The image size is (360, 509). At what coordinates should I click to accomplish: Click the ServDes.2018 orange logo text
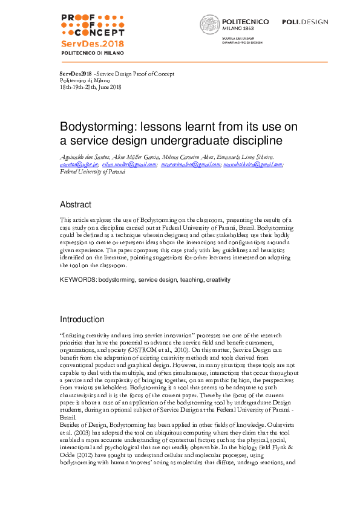pos(93,44)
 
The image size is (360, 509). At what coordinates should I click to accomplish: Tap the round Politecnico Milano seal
pos(210,25)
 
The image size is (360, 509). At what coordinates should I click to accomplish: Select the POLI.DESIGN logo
pos(305,22)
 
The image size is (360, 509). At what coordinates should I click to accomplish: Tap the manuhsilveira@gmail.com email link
pos(253,164)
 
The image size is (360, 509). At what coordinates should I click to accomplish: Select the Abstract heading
pos(75,204)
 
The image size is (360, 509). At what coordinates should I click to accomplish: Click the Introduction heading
pos(82,319)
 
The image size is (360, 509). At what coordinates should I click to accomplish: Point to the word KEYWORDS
pos(77,280)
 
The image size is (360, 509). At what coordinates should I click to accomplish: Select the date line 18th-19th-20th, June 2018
pos(91,87)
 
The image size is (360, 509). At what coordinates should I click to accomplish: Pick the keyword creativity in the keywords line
pos(218,280)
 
